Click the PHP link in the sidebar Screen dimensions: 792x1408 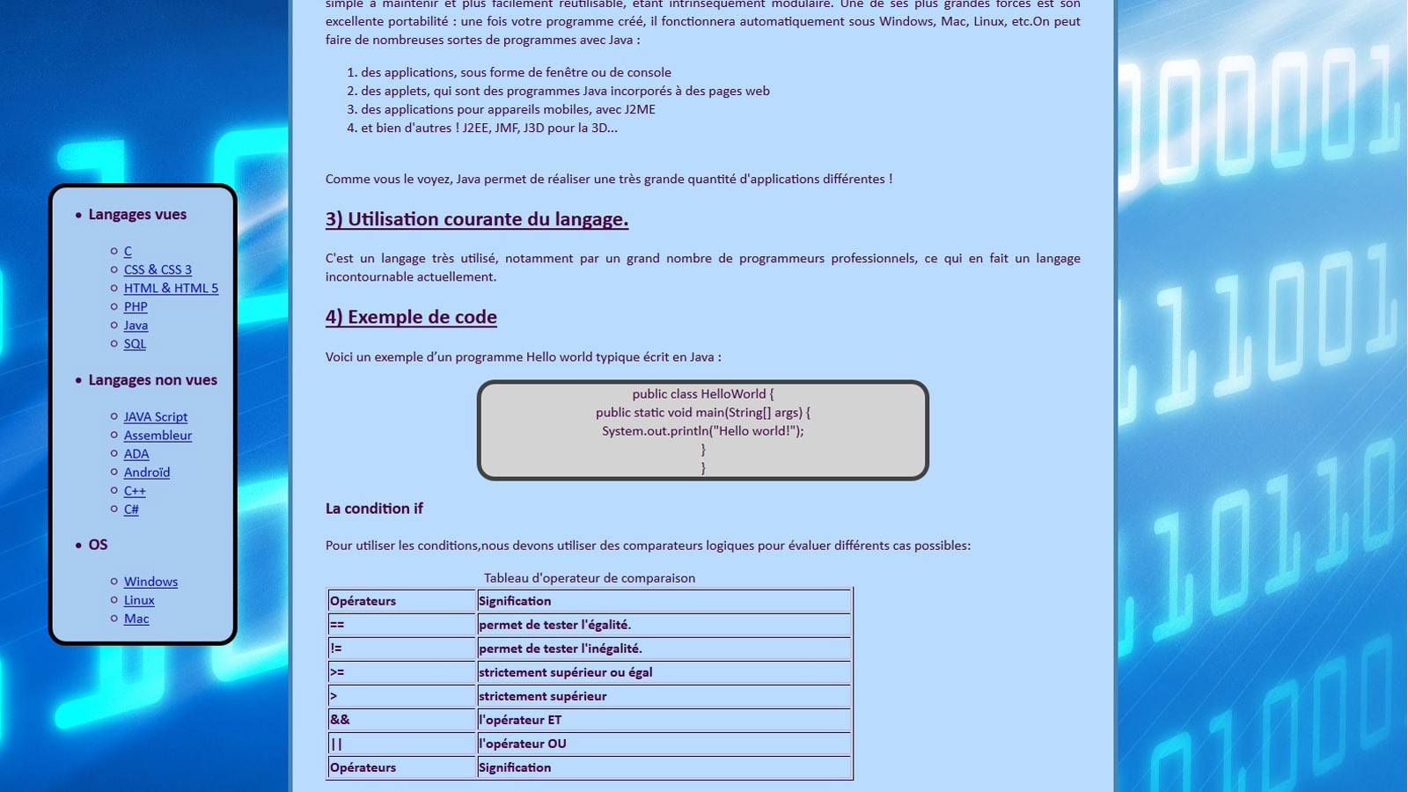point(136,306)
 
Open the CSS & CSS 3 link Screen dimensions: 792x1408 point(158,269)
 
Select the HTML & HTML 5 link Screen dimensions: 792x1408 point(171,288)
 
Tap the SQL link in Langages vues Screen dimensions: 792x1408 point(135,343)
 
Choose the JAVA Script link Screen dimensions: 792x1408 point(156,416)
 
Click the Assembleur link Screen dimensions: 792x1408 point(158,435)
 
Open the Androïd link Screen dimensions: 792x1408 point(147,472)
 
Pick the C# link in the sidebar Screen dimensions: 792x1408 point(131,509)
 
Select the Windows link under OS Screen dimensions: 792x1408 point(150,582)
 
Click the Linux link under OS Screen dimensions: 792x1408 point(139,600)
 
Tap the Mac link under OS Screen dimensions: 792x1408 point(136,619)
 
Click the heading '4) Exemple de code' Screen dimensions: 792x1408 point(411,317)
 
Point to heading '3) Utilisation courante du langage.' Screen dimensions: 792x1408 point(477,219)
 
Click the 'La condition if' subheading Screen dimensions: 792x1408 point(374,509)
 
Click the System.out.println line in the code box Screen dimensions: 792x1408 point(702,431)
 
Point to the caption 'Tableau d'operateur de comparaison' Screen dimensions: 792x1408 point(590,578)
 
